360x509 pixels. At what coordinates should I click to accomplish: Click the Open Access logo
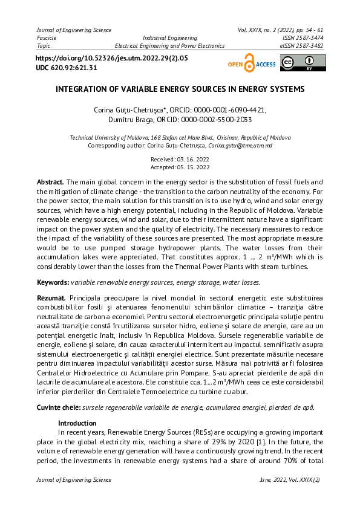tap(251, 63)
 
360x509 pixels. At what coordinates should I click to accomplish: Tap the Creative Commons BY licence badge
tap(303, 63)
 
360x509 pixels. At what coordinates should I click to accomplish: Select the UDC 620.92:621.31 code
tap(67, 68)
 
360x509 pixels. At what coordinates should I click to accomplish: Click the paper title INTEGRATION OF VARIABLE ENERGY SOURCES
tap(180, 89)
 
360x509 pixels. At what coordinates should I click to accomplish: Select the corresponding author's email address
tap(240, 146)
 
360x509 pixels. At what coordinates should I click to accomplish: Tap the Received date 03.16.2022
tap(180, 159)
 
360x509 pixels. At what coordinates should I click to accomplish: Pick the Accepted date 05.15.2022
tap(180, 167)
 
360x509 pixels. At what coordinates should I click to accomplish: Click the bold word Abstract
tap(50, 182)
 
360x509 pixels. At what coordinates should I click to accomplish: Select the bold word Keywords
tap(52, 282)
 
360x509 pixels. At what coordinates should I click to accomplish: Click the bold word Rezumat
tap(51, 299)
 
